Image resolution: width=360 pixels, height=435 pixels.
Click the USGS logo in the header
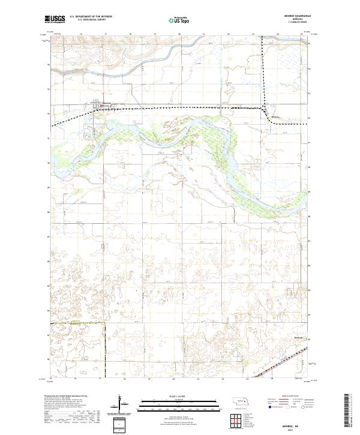pos(55,20)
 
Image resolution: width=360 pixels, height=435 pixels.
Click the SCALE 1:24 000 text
pos(178,395)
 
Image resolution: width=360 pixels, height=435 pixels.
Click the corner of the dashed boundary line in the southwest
pos(104,323)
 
